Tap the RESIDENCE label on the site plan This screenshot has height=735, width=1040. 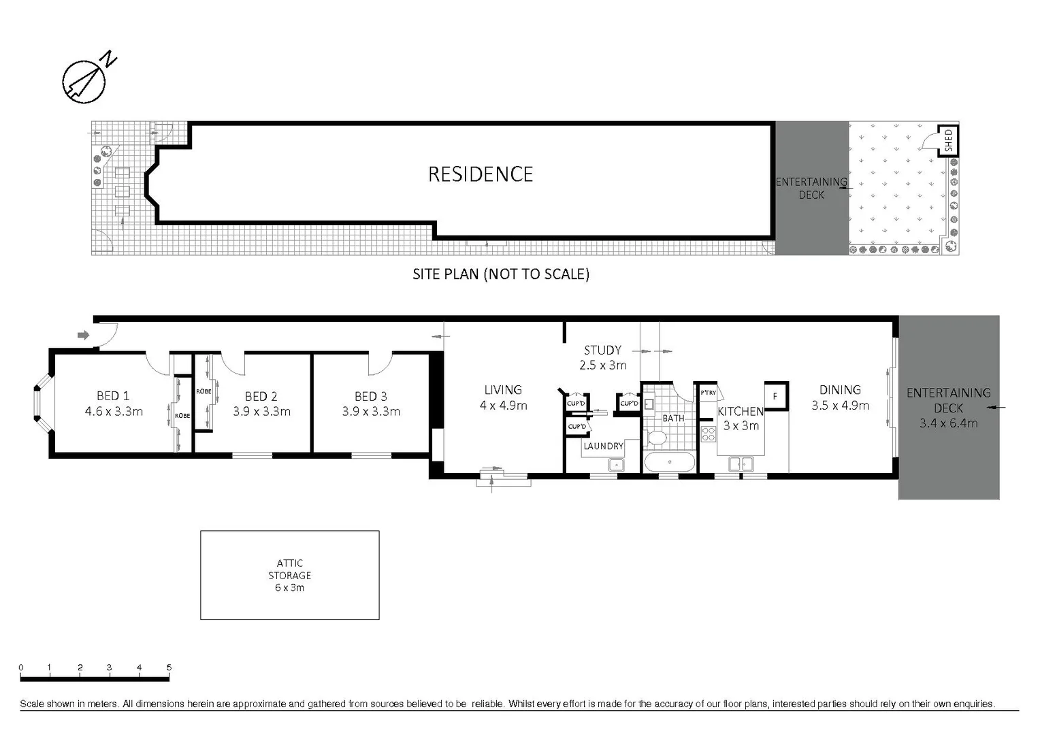click(x=480, y=174)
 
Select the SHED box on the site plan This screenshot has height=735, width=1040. click(x=948, y=141)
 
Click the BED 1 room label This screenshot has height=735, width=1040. click(x=113, y=395)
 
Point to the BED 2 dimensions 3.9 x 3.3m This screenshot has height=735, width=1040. click(x=261, y=412)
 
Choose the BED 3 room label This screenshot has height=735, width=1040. click(x=370, y=396)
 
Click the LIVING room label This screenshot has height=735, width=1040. click(x=503, y=390)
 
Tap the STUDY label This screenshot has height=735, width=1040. click(x=602, y=350)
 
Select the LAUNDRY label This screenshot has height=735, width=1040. click(x=603, y=446)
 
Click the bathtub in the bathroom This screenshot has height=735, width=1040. click(x=670, y=463)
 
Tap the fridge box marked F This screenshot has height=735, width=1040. click(x=775, y=395)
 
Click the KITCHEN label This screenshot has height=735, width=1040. click(x=741, y=411)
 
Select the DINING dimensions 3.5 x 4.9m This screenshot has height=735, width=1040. click(x=840, y=406)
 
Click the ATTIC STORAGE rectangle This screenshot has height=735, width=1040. click(x=289, y=575)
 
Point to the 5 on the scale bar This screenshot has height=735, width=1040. click(x=169, y=668)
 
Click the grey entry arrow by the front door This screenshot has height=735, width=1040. click(x=84, y=335)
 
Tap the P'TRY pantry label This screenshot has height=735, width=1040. click(x=708, y=393)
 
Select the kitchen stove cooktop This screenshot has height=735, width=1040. click(x=708, y=434)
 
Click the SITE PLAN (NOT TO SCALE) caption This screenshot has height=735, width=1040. click(x=500, y=274)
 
